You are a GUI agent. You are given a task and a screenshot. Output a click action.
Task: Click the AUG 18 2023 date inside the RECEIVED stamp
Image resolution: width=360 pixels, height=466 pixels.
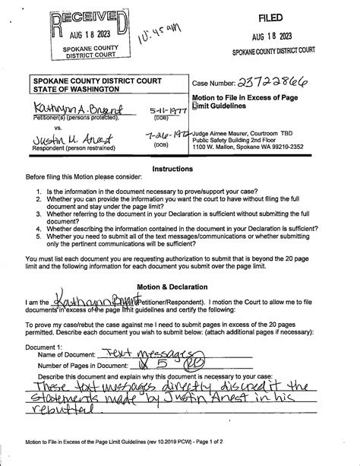point(90,33)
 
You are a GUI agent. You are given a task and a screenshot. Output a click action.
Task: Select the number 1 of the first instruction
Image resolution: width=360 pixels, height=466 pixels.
point(39,192)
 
